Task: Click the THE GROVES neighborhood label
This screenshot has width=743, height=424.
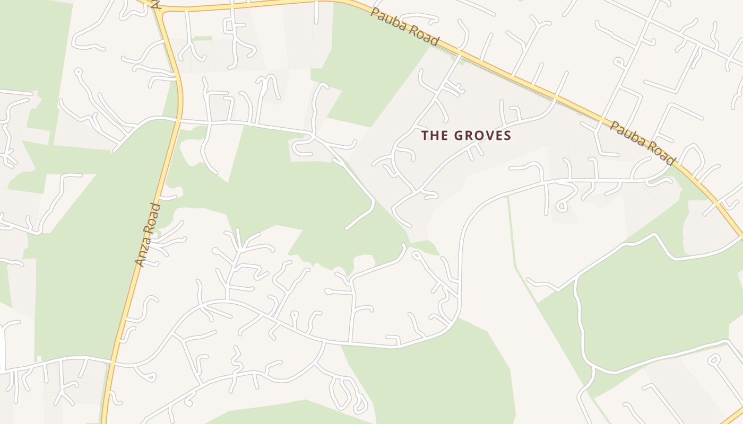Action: (x=466, y=136)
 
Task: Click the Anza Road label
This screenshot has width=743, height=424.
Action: (x=148, y=234)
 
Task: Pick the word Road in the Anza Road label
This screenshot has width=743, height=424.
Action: (x=153, y=217)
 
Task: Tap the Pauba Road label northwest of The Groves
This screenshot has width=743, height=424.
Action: (x=405, y=26)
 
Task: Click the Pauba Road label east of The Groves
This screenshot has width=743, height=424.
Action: (x=642, y=143)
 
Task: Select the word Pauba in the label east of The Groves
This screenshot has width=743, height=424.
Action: (x=627, y=135)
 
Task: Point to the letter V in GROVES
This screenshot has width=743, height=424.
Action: (x=488, y=136)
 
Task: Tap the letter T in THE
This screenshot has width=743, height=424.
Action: (x=425, y=136)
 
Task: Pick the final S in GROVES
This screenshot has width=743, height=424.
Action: (x=507, y=136)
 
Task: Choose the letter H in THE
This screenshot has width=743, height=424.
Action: (x=433, y=136)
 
